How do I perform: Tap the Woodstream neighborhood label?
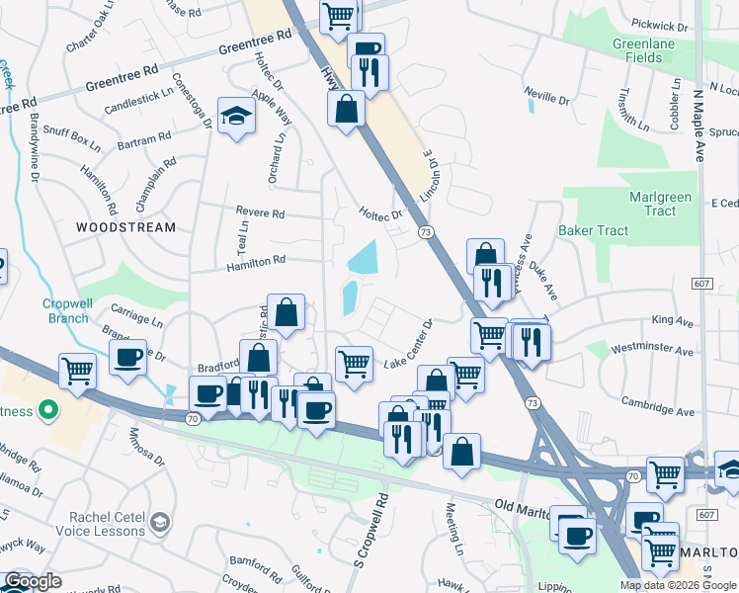126,227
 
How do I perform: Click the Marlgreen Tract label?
659,204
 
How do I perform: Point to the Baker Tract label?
593,230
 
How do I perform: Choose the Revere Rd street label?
260,213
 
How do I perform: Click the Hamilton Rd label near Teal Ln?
255,262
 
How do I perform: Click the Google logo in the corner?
33,581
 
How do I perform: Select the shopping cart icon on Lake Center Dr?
354,363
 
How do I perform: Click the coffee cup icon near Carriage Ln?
128,359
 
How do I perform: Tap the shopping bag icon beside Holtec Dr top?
347,111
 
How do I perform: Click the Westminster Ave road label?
651,349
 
